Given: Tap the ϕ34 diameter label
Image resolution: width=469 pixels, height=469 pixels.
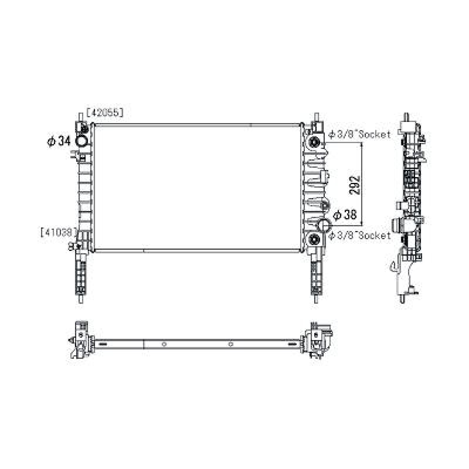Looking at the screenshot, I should tap(59, 142).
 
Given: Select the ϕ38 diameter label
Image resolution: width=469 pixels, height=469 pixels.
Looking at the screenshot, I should tap(345, 215).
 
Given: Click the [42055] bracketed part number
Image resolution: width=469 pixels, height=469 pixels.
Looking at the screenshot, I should tap(105, 113).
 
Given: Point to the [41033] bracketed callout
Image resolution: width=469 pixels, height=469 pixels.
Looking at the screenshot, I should tap(59, 232).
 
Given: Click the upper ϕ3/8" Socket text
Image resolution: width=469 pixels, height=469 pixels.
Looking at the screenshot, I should tap(359, 135).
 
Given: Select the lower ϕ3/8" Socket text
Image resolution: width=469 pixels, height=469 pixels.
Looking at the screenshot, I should tap(359, 235).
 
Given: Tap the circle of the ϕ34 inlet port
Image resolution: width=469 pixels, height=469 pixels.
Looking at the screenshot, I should tap(82, 141).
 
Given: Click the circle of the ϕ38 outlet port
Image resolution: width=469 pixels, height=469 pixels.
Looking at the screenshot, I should tap(324, 225).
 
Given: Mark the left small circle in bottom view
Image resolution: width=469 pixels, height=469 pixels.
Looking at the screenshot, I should tap(164, 344).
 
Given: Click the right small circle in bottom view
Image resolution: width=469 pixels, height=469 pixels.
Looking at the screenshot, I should tap(231, 344).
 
